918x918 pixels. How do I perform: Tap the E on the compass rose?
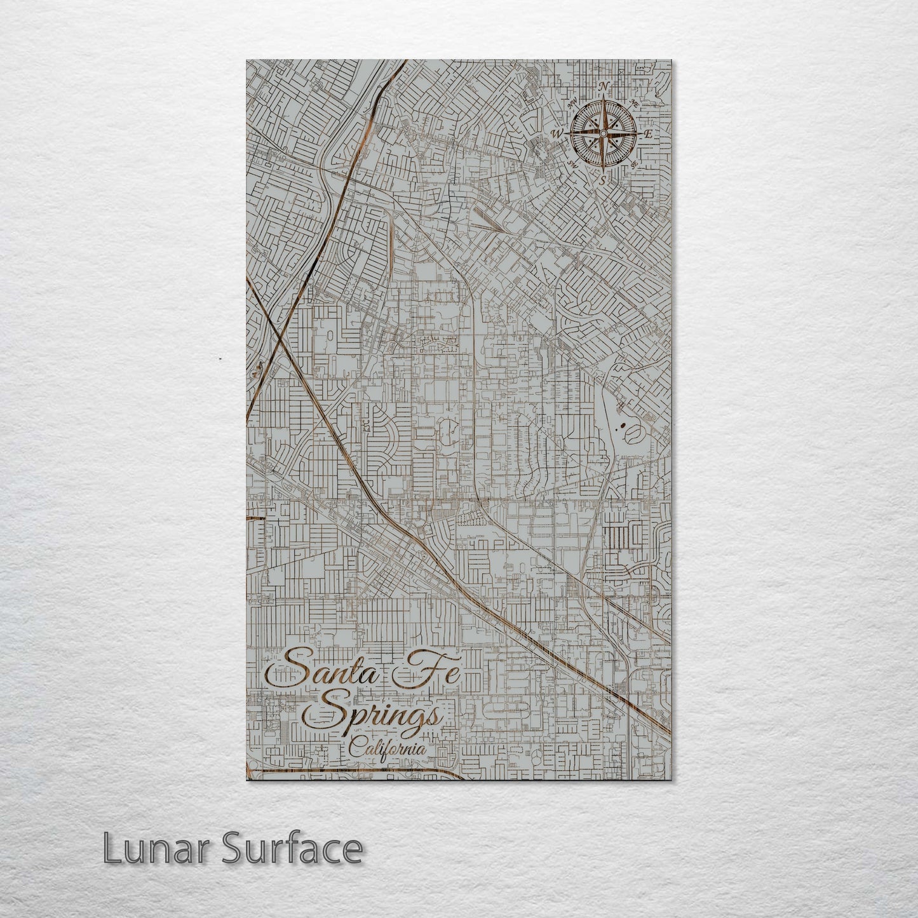click(648, 134)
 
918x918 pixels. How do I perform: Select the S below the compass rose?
click(604, 180)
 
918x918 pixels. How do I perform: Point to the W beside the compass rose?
click(558, 133)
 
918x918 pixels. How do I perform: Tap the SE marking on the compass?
click(634, 164)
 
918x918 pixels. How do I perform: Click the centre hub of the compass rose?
click(602, 133)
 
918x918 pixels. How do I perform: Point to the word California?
click(387, 749)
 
